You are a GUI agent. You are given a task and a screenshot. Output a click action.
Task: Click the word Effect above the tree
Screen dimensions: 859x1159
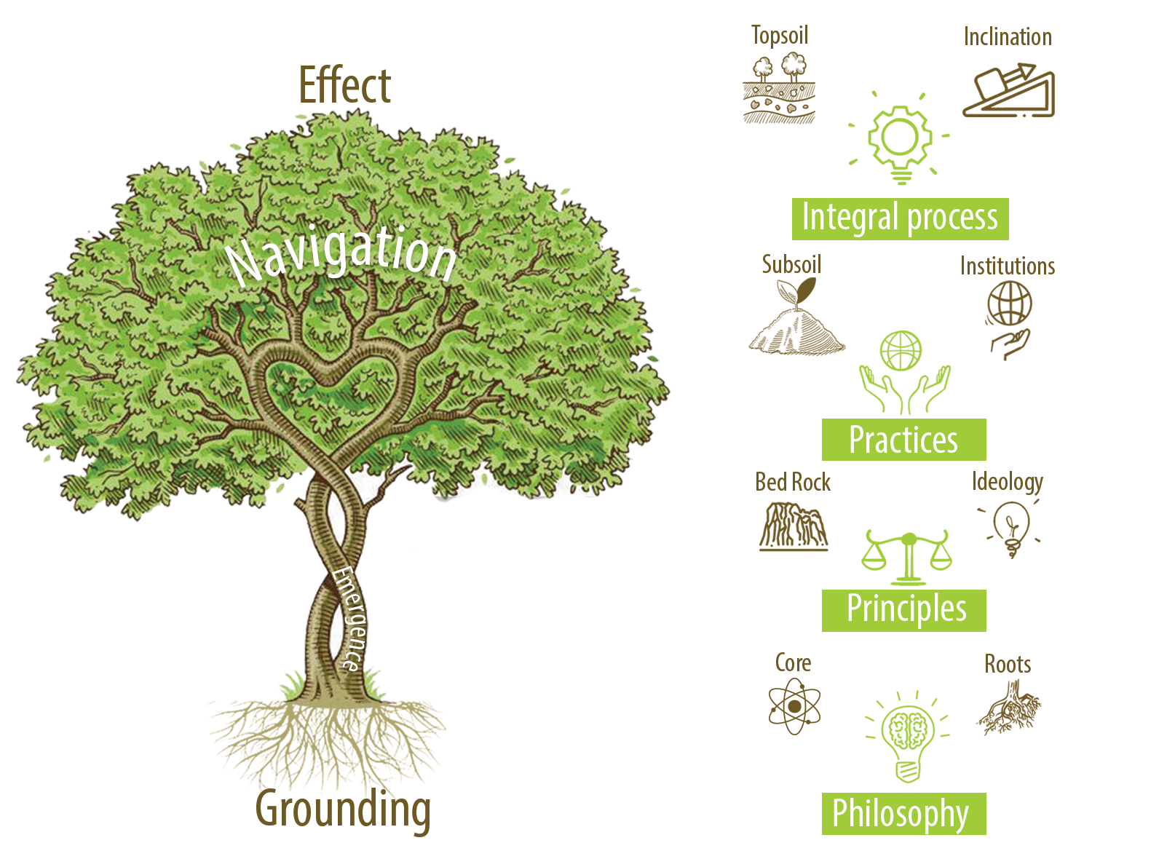pos(344,86)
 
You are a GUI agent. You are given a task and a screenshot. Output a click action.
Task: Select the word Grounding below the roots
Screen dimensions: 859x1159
pos(343,809)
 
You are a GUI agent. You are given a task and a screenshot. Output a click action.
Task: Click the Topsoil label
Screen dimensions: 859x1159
pos(780,35)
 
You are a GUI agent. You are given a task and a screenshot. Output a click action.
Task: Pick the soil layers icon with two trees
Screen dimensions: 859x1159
pos(779,90)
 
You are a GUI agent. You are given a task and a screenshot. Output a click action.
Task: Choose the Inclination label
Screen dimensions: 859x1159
pos(1008,37)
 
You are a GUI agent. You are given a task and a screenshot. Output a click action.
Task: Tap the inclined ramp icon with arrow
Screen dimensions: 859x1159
pos(1009,92)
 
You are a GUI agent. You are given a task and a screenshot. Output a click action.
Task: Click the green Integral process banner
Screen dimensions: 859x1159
pos(900,218)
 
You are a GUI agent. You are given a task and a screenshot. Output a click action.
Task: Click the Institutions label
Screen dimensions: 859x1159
pos(1008,266)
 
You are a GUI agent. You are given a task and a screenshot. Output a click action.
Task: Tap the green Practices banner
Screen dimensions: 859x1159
pos(903,440)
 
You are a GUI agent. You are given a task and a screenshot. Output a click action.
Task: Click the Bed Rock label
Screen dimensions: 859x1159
pos(793,482)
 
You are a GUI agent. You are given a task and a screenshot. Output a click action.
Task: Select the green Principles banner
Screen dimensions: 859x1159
pos(904,610)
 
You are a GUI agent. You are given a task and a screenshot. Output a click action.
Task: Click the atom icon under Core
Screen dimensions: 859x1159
pos(794,706)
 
